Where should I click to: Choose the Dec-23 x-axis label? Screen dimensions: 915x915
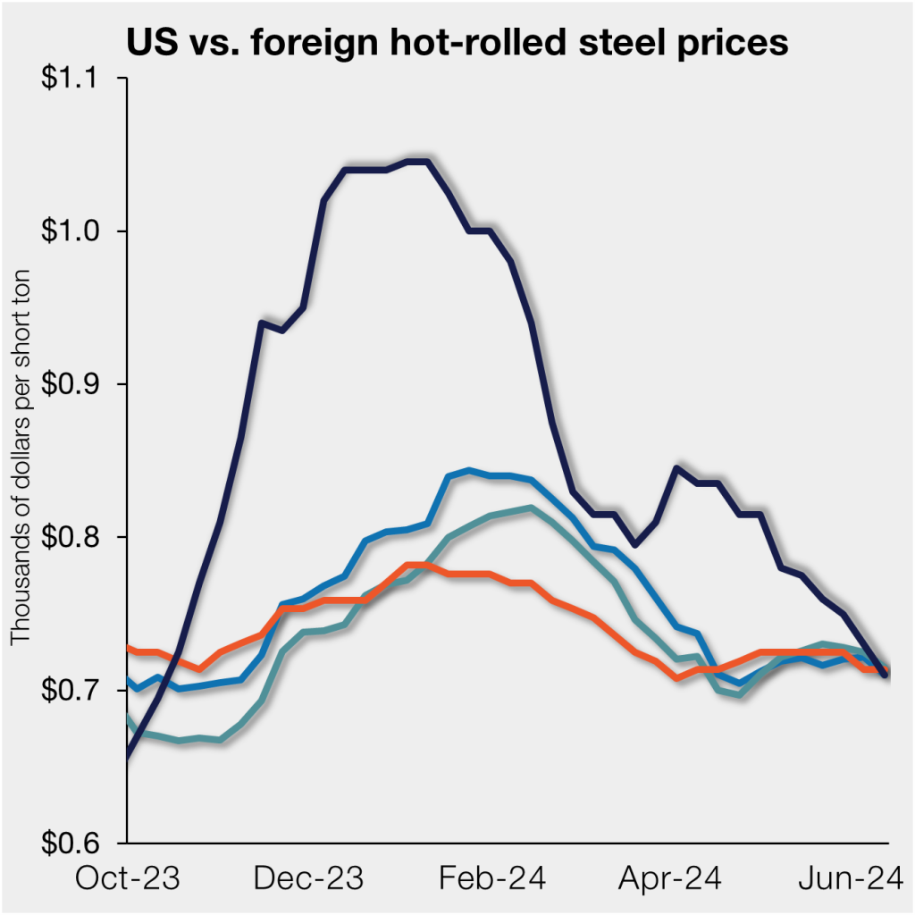[x=309, y=877]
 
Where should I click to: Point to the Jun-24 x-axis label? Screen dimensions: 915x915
[x=849, y=877]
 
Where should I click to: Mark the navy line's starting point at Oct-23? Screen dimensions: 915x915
[x=128, y=758]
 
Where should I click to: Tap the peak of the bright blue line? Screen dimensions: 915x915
[x=468, y=469]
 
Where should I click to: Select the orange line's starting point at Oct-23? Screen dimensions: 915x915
[x=129, y=646]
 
